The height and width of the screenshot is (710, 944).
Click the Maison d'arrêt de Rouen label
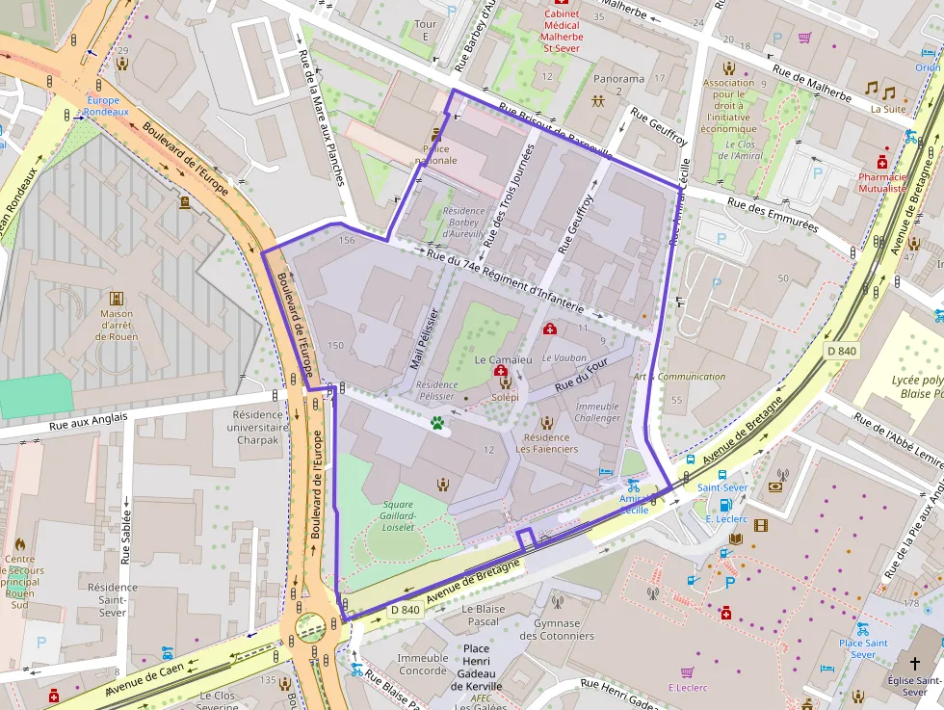coord(117,325)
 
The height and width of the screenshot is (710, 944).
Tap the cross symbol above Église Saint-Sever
coord(914,664)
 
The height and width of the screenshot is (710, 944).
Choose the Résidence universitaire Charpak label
coord(260,428)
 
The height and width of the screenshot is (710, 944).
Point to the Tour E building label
coord(425,30)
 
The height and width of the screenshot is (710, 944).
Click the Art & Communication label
coord(679,377)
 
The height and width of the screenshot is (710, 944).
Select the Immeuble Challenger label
coord(597,412)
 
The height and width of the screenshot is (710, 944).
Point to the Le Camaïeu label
coord(503,359)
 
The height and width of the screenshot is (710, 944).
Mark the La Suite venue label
coord(887,109)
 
